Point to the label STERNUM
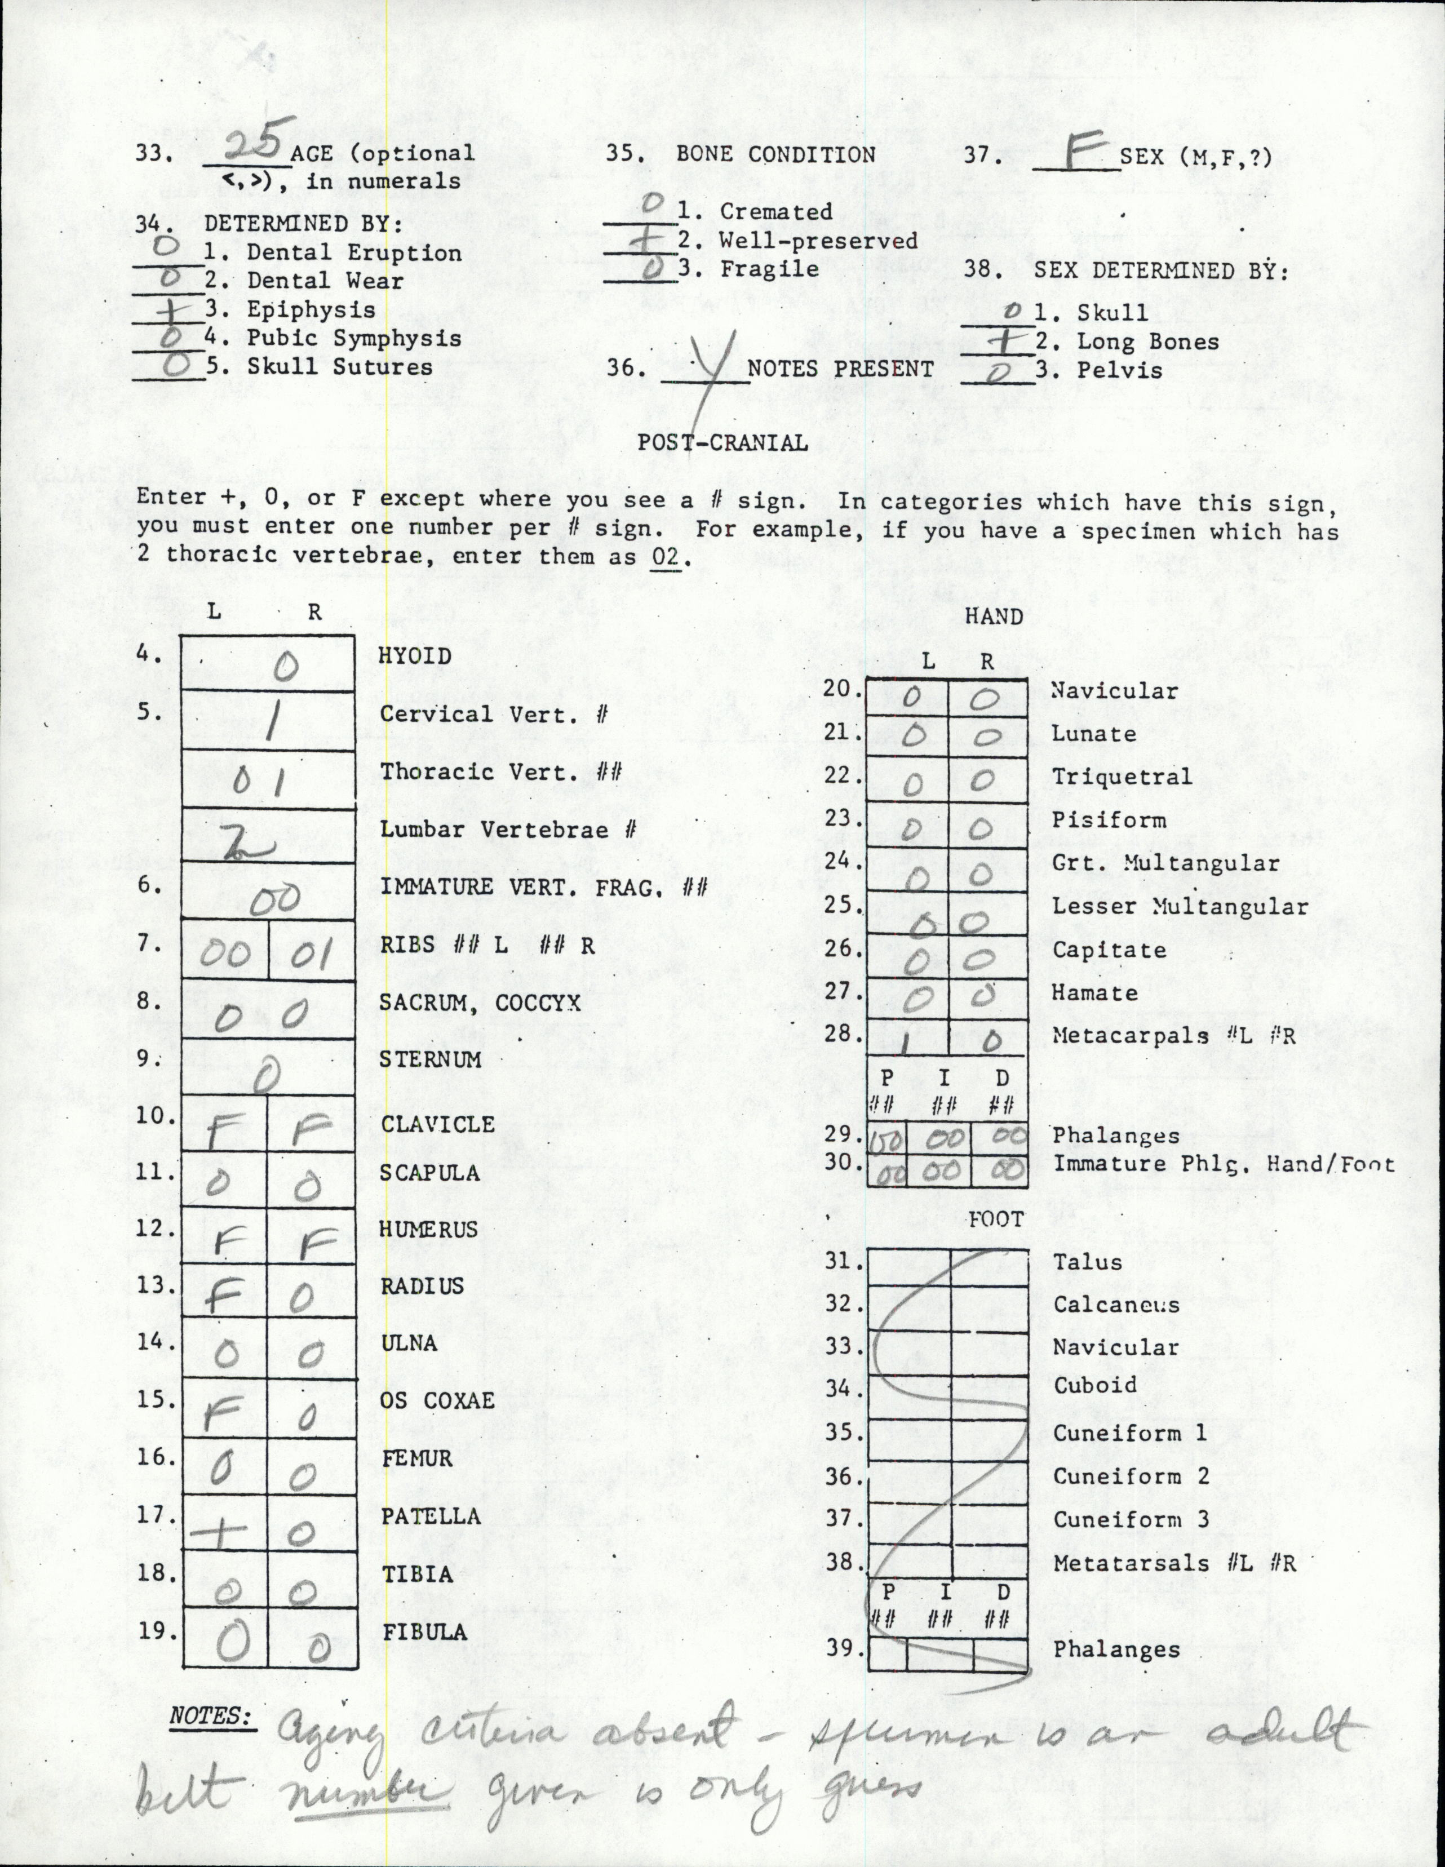click(430, 1059)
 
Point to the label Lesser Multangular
click(1180, 906)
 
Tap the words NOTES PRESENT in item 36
click(840, 369)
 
